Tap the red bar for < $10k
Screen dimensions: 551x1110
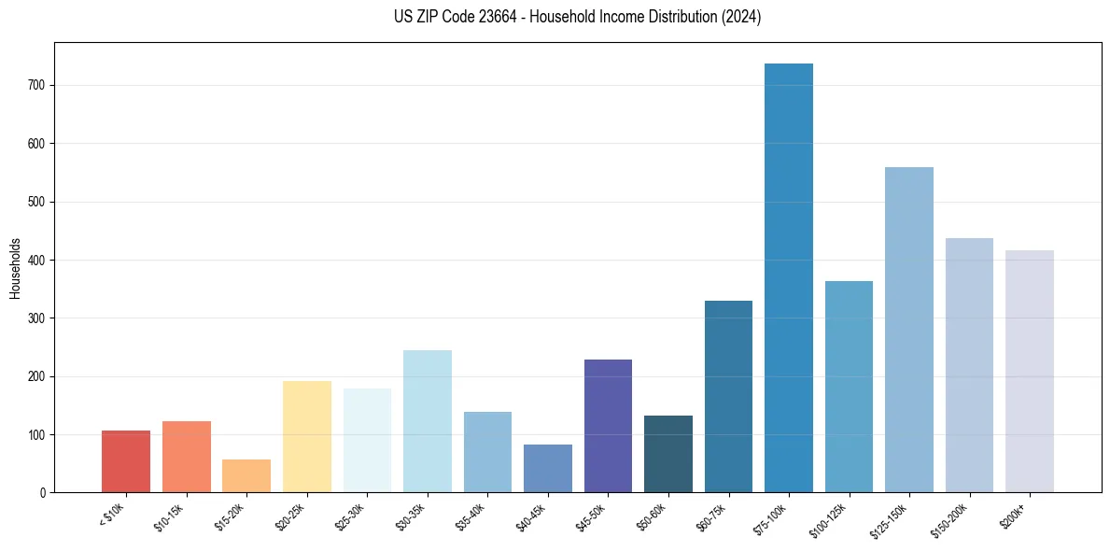126,461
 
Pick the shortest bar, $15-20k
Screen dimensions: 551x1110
246,475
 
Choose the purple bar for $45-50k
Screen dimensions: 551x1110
608,426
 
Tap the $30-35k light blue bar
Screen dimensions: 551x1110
428,421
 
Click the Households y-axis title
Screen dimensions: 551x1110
16,268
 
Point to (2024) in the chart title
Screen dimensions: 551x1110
741,17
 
